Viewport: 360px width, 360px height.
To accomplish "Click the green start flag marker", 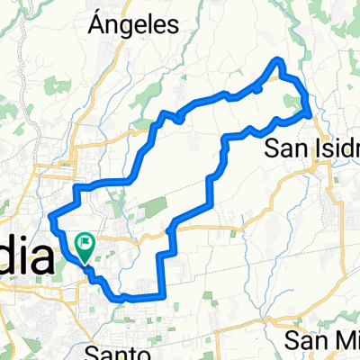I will [85, 244].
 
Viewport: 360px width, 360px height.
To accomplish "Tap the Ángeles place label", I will [134, 26].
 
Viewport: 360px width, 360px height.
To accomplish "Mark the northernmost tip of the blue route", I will [280, 59].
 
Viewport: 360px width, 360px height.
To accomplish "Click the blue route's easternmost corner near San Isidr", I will [311, 114].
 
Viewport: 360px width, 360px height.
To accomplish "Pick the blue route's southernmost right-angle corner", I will [163, 294].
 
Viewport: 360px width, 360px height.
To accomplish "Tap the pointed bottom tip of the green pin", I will [85, 263].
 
